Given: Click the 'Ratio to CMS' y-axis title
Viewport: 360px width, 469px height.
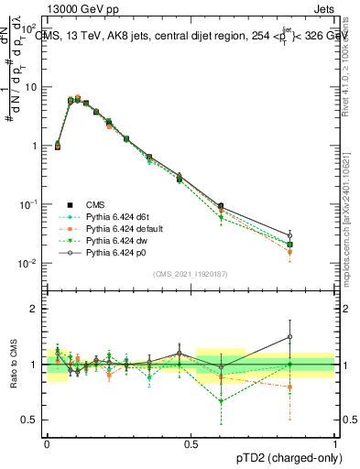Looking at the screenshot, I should [14, 365].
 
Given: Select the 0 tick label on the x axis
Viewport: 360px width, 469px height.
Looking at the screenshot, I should [46, 442].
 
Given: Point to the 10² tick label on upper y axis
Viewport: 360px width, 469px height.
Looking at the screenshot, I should [30, 27].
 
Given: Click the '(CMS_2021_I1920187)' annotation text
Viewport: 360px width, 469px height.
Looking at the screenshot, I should [190, 274].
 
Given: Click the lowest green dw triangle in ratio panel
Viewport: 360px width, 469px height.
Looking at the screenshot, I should [221, 401].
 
